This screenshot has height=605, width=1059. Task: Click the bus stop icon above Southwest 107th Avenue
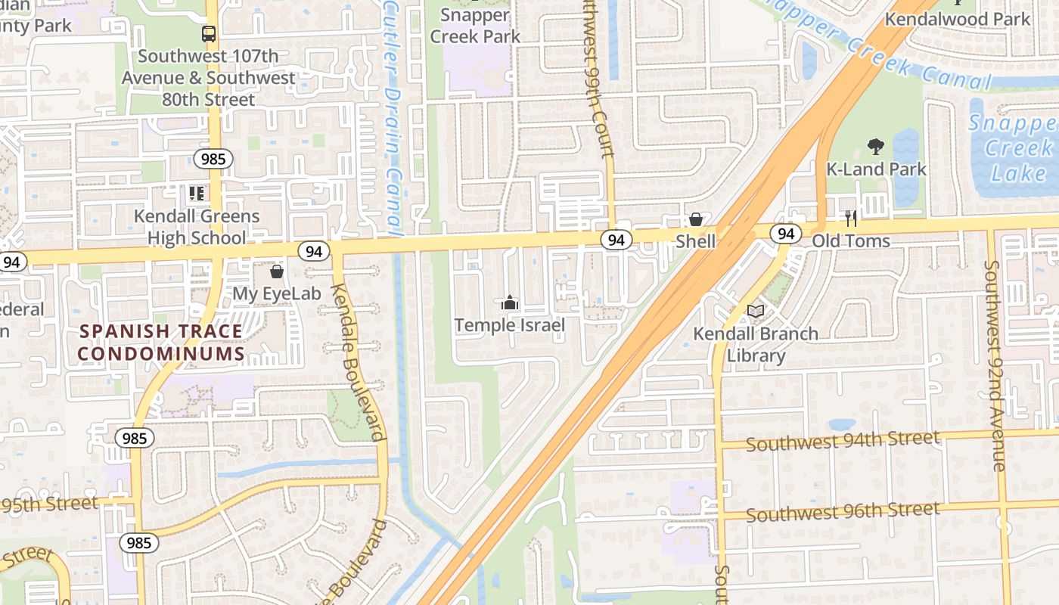click(208, 34)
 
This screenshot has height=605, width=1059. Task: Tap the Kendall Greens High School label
click(197, 227)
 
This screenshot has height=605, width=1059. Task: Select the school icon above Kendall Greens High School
click(197, 194)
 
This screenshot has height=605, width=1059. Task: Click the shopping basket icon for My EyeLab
click(277, 271)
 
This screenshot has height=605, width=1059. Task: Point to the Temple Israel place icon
click(510, 303)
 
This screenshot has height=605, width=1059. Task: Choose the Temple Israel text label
click(510, 325)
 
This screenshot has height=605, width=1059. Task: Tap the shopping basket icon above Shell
click(695, 219)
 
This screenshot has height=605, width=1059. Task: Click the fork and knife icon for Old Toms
click(851, 219)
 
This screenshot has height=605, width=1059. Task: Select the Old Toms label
click(851, 241)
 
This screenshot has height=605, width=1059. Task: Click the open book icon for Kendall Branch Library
click(756, 311)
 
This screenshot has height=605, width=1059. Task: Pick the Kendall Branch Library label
click(756, 344)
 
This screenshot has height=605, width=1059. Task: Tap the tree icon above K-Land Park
click(876, 146)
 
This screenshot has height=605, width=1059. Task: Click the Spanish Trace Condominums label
click(161, 343)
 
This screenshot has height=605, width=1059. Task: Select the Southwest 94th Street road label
click(843, 441)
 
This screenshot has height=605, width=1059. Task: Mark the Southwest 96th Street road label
click(843, 512)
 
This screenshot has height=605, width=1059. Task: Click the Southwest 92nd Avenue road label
click(996, 366)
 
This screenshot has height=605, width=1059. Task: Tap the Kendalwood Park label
click(958, 19)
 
